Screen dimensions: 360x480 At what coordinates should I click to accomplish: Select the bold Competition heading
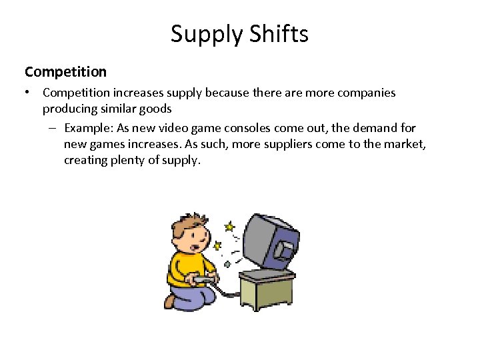pos(65,71)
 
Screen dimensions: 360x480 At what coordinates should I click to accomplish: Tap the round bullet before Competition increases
pos(28,93)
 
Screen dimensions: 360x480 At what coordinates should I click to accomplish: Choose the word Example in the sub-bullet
pos(89,127)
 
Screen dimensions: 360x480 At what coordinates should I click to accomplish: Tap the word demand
pos(375,127)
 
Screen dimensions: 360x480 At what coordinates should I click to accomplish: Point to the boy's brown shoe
pos(170,301)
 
